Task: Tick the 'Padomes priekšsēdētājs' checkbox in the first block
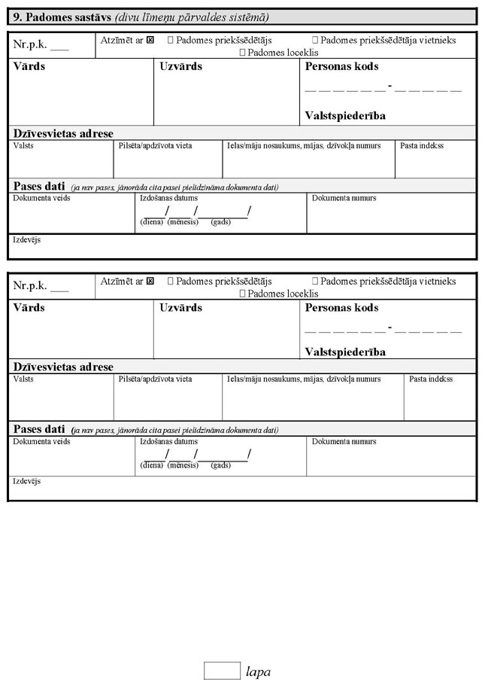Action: coord(171,39)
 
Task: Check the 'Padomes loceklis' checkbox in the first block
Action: coord(242,53)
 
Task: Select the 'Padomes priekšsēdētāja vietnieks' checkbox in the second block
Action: coord(314,282)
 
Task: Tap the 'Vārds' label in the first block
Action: coord(29,67)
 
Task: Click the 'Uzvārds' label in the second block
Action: coord(180,308)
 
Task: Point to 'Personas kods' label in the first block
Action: coord(341,67)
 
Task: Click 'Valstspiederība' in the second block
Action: coord(345,352)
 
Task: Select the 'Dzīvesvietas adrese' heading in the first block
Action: coord(63,133)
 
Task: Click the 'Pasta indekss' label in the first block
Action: coord(422,146)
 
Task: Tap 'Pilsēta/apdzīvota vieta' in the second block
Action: coord(155,379)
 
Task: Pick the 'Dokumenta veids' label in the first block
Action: coord(41,199)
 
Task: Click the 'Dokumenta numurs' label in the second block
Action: coord(344,442)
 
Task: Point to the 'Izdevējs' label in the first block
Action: coord(27,240)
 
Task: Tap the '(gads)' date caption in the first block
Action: coord(221,222)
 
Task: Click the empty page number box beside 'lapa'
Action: coord(221,669)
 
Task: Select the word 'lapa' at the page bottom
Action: coord(258,671)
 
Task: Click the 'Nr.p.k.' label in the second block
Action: coord(30,286)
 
